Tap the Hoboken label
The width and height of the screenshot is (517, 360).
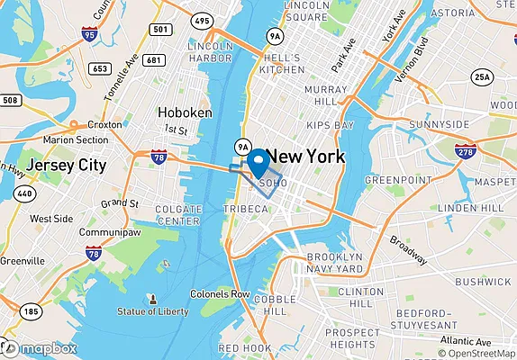[x=185, y=112]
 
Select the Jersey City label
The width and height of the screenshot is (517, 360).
[x=66, y=166]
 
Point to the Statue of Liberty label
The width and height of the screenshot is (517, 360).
[x=153, y=311]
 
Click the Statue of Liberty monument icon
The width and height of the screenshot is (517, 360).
[x=153, y=298]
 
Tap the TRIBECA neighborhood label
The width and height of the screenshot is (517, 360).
[x=246, y=209]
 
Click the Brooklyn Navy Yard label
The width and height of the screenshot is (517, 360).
[x=334, y=262]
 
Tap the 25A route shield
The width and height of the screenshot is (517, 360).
[x=484, y=77]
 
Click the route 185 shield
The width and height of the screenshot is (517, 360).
[x=31, y=312]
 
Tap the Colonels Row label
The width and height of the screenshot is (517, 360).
[x=220, y=294]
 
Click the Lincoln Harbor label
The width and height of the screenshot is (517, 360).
[x=212, y=51]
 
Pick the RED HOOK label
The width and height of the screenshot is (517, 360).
[x=244, y=347]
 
